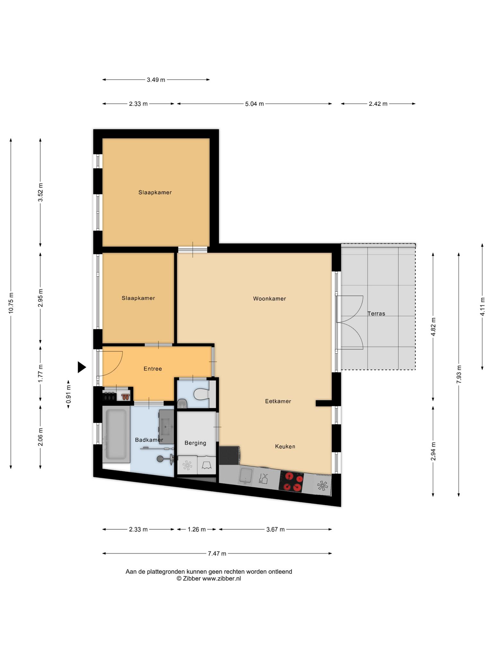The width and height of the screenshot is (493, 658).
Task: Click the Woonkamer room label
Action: click(269, 298)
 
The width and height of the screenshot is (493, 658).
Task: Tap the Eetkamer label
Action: click(278, 401)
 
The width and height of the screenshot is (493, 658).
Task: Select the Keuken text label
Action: click(285, 446)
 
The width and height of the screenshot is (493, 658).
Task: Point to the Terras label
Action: click(376, 314)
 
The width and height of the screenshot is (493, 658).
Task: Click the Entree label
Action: click(153, 369)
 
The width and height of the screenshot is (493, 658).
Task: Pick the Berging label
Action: click(195, 443)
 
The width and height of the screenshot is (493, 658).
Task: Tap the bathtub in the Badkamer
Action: click(116, 434)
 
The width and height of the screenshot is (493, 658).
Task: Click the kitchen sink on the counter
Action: click(246, 476)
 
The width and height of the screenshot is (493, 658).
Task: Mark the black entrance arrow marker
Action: click(82, 367)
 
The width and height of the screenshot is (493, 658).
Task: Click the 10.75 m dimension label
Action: click(11, 303)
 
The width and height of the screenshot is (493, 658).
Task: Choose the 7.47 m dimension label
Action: click(217, 553)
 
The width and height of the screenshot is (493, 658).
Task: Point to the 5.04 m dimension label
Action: click(255, 104)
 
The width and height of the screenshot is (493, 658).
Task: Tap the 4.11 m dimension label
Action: click(482, 307)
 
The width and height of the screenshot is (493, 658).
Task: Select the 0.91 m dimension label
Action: click(68, 394)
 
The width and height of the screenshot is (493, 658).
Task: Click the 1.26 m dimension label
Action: click(196, 529)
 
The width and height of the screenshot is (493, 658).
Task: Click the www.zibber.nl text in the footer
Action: click(221, 579)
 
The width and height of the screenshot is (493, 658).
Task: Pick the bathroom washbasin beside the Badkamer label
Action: click(166, 427)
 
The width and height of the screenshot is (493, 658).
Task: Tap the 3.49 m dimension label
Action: click(156, 80)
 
